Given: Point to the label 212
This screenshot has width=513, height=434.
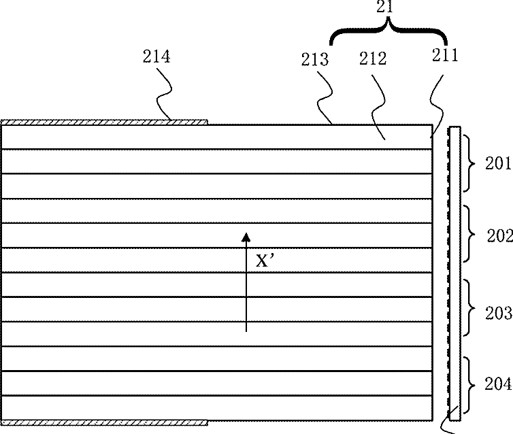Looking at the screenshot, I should click(373, 59).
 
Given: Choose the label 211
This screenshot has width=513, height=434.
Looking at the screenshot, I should click(445, 56).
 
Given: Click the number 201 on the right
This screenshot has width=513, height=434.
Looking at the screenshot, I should click(498, 163).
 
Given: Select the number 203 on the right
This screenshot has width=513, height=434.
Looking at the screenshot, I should click(499, 313).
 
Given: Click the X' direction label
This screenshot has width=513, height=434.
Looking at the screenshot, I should click(265, 260).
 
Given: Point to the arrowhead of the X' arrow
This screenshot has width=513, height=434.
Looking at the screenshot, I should click(247, 237).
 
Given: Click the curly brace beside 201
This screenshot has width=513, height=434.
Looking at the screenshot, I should click(473, 163).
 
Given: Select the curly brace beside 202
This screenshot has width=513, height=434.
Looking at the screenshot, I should click(473, 236).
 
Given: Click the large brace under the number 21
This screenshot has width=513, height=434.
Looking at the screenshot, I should click(388, 31).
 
